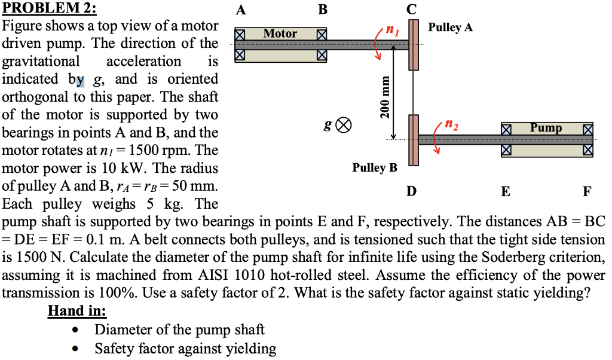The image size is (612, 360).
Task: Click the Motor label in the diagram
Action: (x=280, y=33)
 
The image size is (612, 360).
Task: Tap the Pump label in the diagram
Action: (x=546, y=127)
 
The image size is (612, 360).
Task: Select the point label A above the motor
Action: (x=240, y=10)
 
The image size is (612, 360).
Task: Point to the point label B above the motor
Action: (x=323, y=10)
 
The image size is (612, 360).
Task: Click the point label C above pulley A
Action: (x=412, y=10)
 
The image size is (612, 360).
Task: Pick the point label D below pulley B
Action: (x=411, y=191)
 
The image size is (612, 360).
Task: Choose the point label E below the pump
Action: (x=506, y=191)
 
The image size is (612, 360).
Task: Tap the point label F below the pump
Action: (x=587, y=191)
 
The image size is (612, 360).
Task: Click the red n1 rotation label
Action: (x=392, y=28)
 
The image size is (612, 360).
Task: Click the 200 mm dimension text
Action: (x=386, y=98)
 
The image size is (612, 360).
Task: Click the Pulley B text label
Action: (x=374, y=167)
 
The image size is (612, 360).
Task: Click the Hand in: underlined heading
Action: (x=77, y=312)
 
